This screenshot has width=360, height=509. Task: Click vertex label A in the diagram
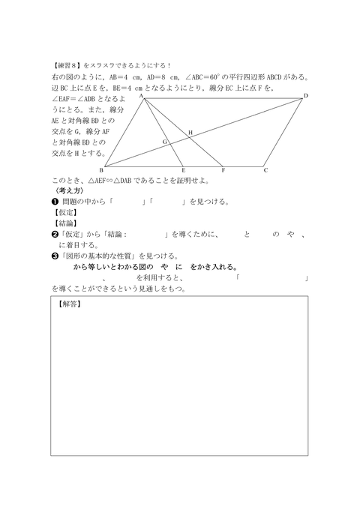[142, 95]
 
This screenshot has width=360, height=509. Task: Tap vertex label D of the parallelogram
[306, 95]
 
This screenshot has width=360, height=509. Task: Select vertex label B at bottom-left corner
[103, 170]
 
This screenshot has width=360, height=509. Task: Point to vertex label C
[265, 170]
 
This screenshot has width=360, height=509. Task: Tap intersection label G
[165, 141]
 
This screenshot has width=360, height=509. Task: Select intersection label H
[190, 132]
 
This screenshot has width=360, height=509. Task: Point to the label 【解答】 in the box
[69, 305]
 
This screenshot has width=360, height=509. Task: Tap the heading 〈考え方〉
[69, 191]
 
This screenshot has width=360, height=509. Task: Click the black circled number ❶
[55, 202]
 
